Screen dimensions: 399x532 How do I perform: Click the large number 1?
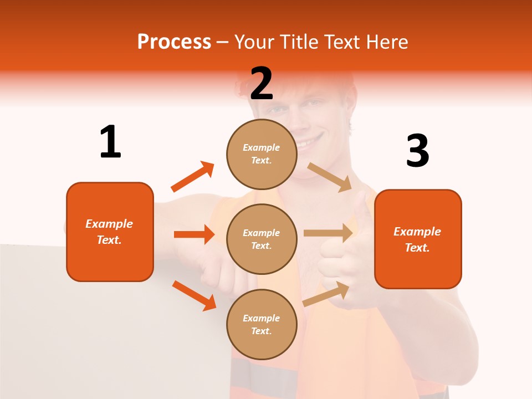click(x=110, y=142)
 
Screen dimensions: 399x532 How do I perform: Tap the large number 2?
click(x=262, y=84)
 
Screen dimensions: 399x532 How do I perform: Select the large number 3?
click(x=417, y=151)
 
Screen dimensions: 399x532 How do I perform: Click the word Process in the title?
click(x=174, y=42)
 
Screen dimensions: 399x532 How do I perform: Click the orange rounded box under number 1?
click(x=110, y=232)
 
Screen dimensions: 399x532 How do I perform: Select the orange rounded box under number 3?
click(x=418, y=239)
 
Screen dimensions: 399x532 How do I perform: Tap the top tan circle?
click(x=262, y=154)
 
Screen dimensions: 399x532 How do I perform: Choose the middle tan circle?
click(x=262, y=239)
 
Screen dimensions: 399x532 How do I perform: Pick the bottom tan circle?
click(x=262, y=324)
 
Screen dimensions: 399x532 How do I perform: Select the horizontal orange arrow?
click(x=194, y=234)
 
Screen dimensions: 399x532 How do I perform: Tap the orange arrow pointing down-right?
click(x=195, y=295)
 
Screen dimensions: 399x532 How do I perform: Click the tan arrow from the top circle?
click(x=330, y=177)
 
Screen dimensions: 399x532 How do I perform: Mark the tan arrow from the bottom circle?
click(x=326, y=294)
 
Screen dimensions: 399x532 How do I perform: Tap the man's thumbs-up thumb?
click(x=361, y=206)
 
